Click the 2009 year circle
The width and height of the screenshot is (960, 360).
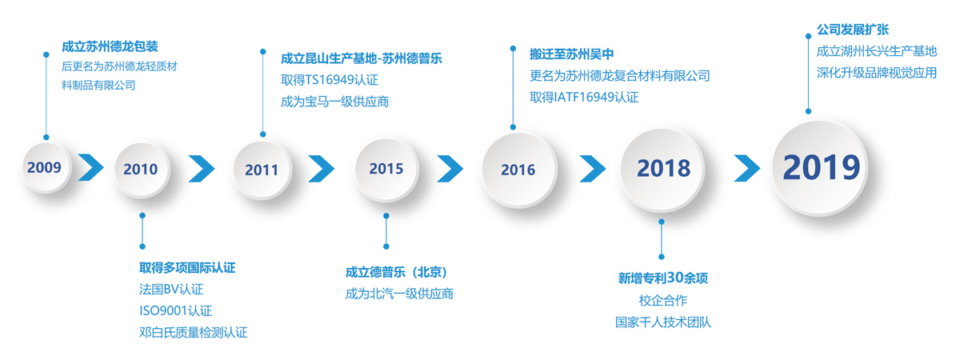pyautogui.click(x=46, y=167)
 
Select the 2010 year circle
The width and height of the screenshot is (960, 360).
pyautogui.click(x=142, y=170)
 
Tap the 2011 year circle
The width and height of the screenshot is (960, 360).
pyautogui.click(x=262, y=170)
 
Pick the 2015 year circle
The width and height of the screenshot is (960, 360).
pyautogui.click(x=386, y=170)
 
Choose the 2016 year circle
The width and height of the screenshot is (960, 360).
pyautogui.click(x=518, y=170)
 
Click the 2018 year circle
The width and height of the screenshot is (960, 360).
pyautogui.click(x=662, y=170)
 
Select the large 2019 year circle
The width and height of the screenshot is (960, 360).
pyautogui.click(x=820, y=167)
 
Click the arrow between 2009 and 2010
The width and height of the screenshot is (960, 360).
pyautogui.click(x=91, y=167)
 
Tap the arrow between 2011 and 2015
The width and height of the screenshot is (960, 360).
pyautogui.click(x=321, y=169)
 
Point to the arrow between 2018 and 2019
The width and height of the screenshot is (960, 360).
pyautogui.click(x=747, y=168)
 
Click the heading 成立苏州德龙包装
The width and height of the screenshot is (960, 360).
pyautogui.click(x=110, y=46)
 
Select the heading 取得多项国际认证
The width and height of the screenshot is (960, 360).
pyautogui.click(x=187, y=268)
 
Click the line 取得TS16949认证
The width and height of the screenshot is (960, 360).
pyautogui.click(x=330, y=80)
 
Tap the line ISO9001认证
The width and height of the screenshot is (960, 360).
pyautogui.click(x=176, y=310)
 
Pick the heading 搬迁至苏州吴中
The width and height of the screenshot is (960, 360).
pyautogui.click(x=572, y=54)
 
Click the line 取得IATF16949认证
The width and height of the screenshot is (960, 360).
pyautogui.click(x=584, y=98)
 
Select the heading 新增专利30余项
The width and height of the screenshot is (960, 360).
pyautogui.click(x=663, y=278)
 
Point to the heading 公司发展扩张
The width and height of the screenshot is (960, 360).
pyautogui.click(x=853, y=30)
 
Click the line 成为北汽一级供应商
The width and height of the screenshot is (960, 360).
pyautogui.click(x=399, y=294)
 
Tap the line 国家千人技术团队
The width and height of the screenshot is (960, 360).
pyautogui.click(x=663, y=322)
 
